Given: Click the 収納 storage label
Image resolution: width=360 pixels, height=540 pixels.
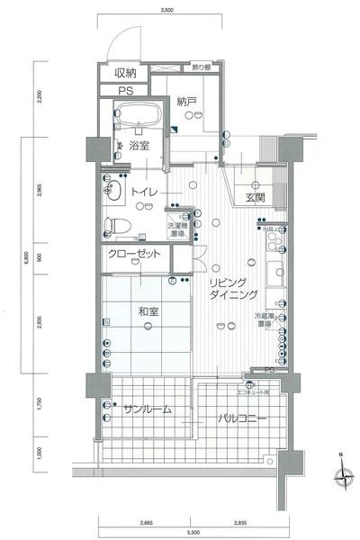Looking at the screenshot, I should point(124,73).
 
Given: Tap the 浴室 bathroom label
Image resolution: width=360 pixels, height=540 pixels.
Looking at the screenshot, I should point(138,144).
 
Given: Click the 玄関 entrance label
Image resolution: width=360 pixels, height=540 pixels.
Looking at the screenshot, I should point(254,197).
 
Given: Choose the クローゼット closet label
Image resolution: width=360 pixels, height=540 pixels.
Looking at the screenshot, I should point(135,255).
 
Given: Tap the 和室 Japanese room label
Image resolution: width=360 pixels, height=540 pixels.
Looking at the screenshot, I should point(148,312).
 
